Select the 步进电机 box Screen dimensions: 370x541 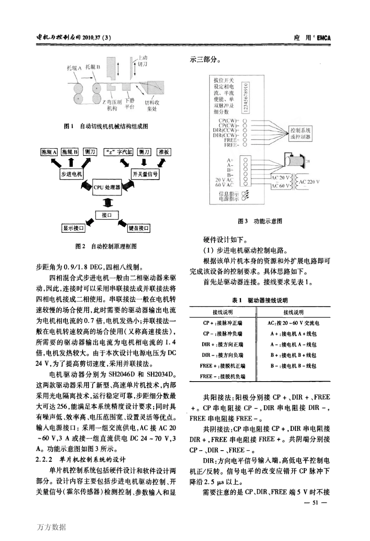(72, 174)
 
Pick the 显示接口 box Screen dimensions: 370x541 (74, 228)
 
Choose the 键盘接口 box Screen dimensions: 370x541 (139, 228)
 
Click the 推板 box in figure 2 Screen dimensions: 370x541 (164, 152)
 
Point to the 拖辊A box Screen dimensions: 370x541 (49, 152)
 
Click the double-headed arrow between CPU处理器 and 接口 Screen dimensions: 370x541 (107, 202)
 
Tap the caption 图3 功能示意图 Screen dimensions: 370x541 (260, 221)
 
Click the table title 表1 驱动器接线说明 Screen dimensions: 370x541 (260, 300)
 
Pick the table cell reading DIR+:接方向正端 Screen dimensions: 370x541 (222, 345)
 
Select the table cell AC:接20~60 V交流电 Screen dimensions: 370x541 (294, 323)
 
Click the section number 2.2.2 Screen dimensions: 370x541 (44, 459)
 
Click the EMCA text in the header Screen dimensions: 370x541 (324, 38)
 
